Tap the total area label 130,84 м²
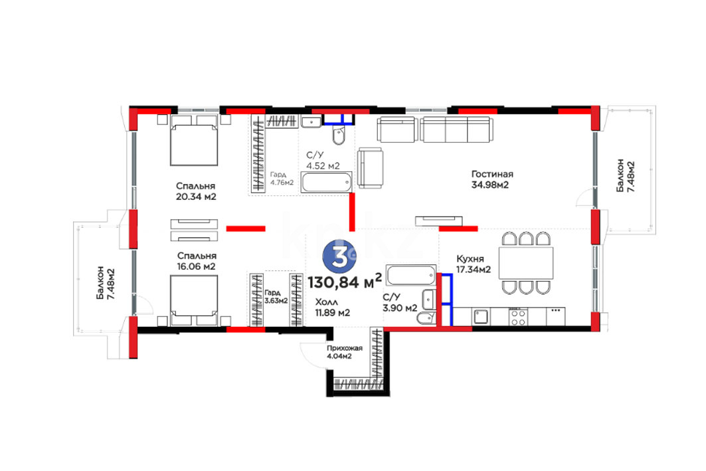345,282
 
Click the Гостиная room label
492,174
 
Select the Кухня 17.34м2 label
474,264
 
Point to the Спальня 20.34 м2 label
196,191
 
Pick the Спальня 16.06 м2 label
197,261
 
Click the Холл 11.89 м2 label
332,307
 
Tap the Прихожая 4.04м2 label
345,352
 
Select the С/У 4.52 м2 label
323,161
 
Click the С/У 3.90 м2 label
400,302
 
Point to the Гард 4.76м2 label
282,178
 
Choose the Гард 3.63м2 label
276,297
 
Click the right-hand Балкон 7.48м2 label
626,175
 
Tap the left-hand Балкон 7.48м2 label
104,284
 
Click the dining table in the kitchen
526,263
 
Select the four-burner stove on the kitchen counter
518,317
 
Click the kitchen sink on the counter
480,317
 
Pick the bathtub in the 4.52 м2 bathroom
327,183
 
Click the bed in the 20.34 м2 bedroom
194,140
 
